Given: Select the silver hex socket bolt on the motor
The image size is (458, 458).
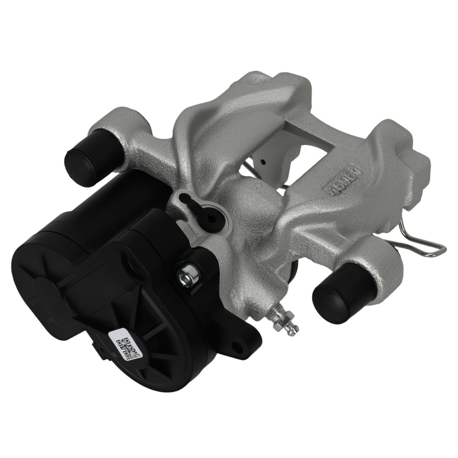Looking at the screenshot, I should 187,274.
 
